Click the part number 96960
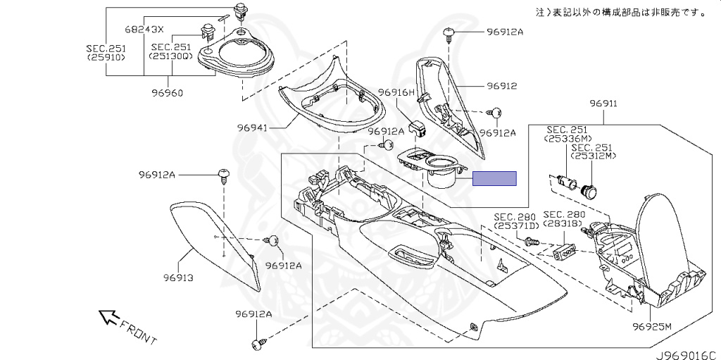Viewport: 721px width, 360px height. pyautogui.click(x=167, y=92)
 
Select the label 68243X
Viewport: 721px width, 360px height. pyautogui.click(x=144, y=30)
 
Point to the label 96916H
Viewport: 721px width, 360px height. pyautogui.click(x=397, y=92)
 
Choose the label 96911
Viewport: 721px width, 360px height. pyautogui.click(x=603, y=104)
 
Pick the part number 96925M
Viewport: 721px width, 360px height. pyautogui.click(x=652, y=327)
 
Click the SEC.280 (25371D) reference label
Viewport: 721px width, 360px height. pyautogui.click(x=515, y=221)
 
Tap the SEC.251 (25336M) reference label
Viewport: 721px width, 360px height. pyautogui.click(x=568, y=135)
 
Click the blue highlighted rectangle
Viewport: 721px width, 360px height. pyautogui.click(x=494, y=178)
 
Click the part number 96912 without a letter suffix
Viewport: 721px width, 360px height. pyautogui.click(x=501, y=86)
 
